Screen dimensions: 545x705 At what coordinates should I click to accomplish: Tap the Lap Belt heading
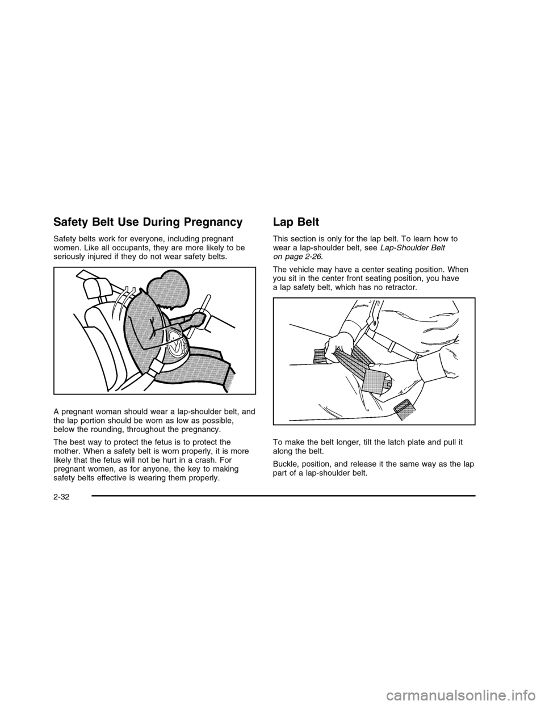[296, 223]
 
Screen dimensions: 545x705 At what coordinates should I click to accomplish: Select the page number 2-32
[62, 507]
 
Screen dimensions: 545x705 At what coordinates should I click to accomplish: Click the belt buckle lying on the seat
[403, 409]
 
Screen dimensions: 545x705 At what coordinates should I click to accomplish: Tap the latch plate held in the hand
[378, 379]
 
